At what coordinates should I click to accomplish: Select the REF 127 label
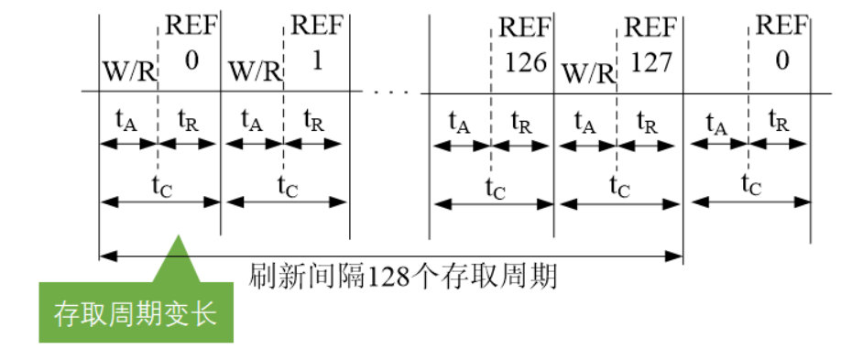coord(650,44)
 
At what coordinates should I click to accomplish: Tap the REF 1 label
coord(316,44)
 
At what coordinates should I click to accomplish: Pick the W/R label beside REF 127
coord(586,70)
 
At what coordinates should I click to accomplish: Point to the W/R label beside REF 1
coord(253,70)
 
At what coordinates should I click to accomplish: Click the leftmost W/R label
coord(128,70)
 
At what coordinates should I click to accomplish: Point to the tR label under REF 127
coord(648,119)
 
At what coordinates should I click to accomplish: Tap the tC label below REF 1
coord(287,183)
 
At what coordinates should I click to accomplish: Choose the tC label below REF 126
coord(495,185)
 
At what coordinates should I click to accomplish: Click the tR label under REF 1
coord(314,119)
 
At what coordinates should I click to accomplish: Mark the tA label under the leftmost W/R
coord(127,119)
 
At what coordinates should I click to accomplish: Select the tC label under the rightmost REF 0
coord(750,185)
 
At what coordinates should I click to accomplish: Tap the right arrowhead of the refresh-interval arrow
coord(679,255)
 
